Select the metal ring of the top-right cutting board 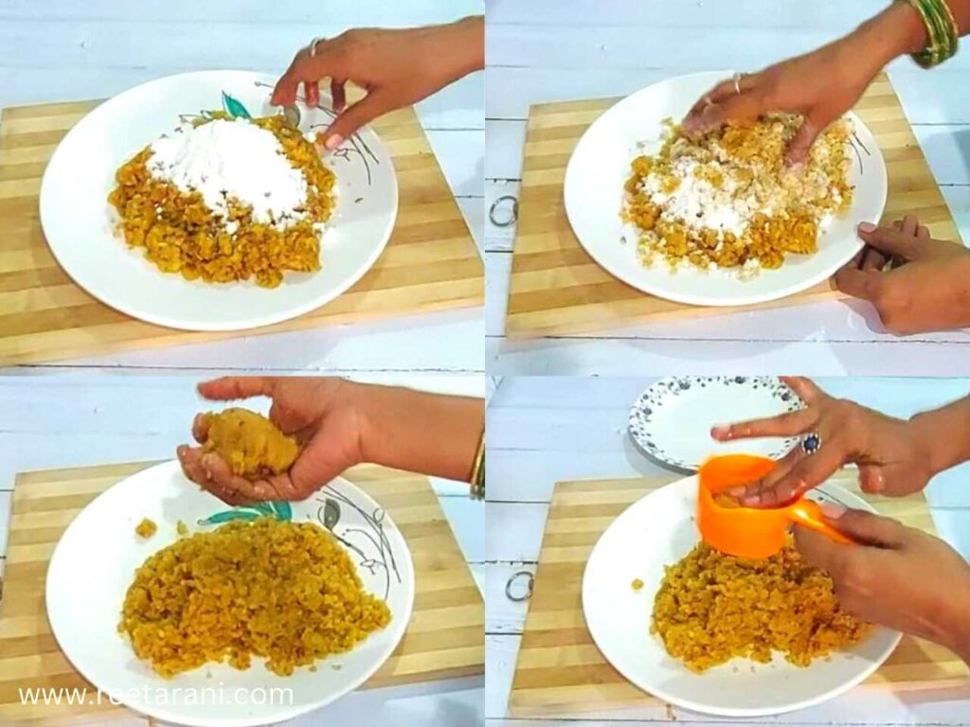pyautogui.click(x=503, y=210)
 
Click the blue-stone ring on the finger pyautogui.click(x=811, y=442)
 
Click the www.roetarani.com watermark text pyautogui.click(x=155, y=695)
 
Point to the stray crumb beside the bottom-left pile pyautogui.click(x=145, y=527)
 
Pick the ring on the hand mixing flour pyautogui.click(x=737, y=82)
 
